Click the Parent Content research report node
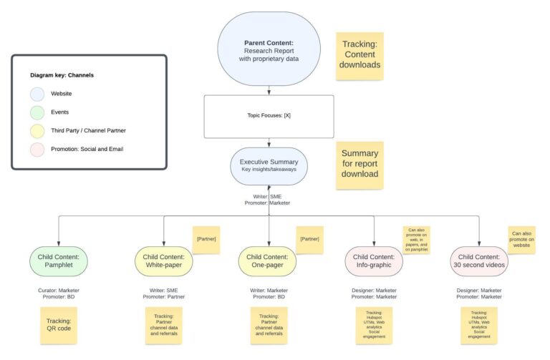269,48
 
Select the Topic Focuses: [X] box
269,115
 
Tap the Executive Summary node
269,166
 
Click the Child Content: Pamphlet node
59,261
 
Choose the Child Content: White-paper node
164,261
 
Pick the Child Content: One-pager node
269,261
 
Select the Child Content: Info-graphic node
374,261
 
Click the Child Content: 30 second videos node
479,261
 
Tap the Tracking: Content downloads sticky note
360,54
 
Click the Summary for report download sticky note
360,164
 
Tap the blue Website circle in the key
37,94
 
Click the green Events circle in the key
37,112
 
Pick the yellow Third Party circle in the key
37,131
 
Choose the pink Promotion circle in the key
37,150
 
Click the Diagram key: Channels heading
62,74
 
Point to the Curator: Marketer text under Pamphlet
59,291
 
